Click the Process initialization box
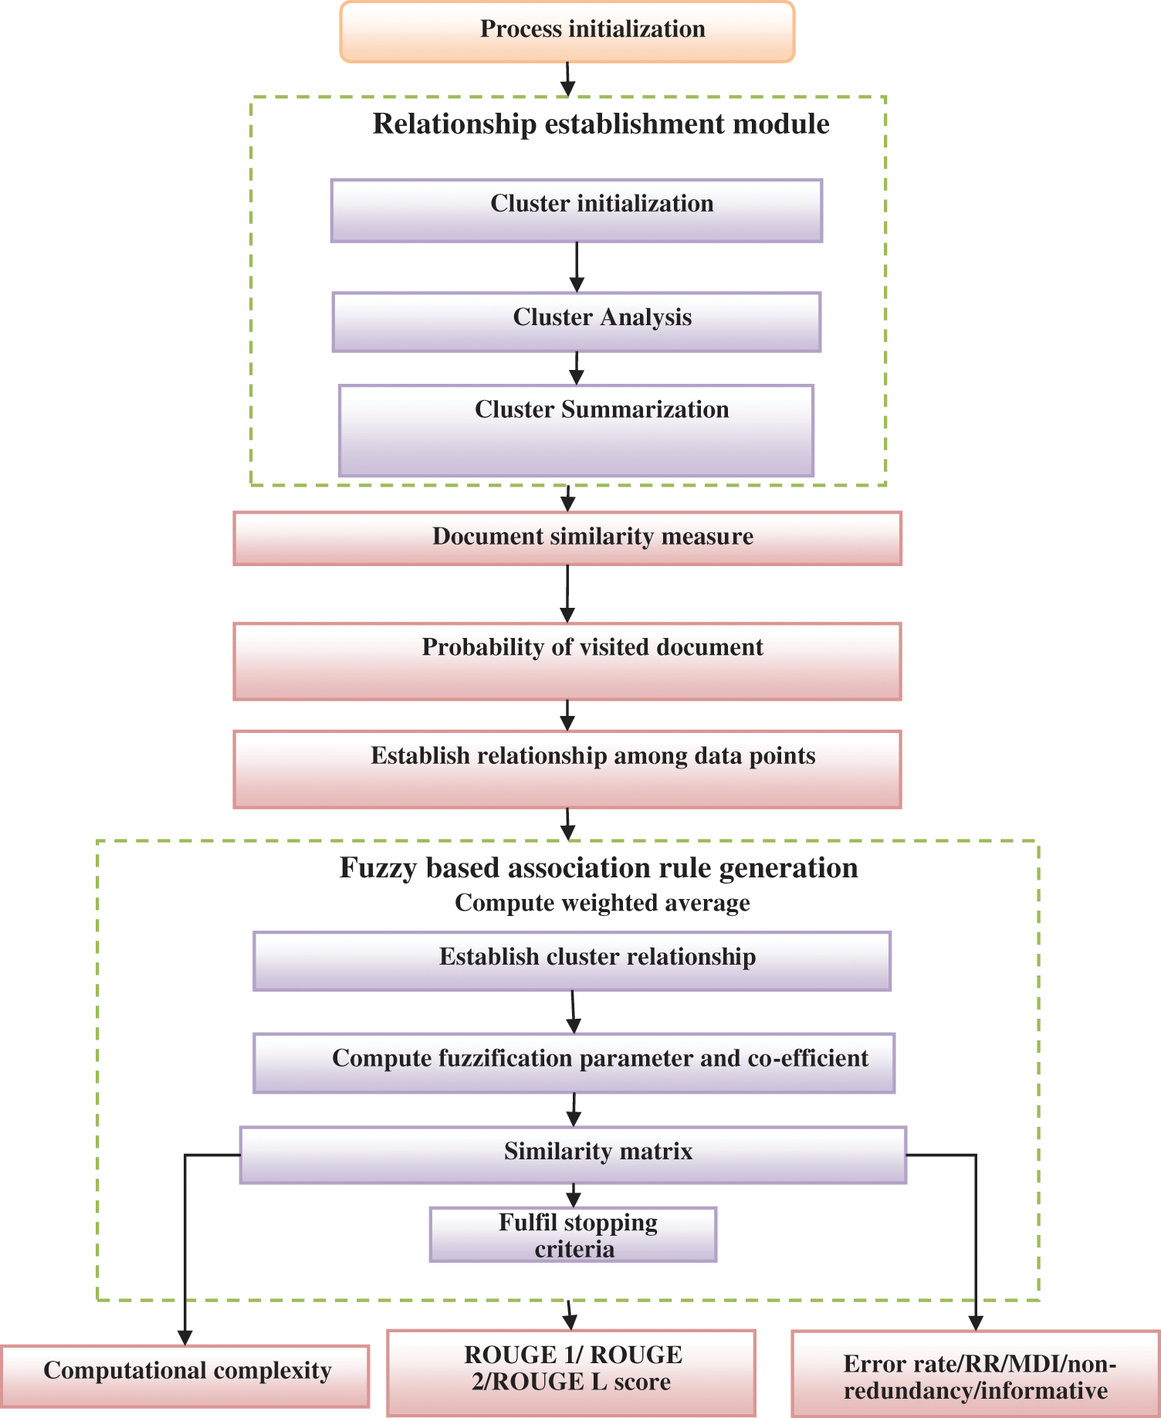tap(567, 32)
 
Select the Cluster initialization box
tap(577, 211)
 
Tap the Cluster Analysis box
tap(577, 322)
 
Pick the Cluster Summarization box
tap(576, 430)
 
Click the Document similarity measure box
tap(567, 538)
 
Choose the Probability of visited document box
tap(567, 661)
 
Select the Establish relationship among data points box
tap(567, 769)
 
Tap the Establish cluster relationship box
tap(572, 961)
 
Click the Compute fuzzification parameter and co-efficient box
tap(574, 1063)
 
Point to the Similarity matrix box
tap(573, 1155)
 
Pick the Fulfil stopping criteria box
tap(573, 1235)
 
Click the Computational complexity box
tap(185, 1376)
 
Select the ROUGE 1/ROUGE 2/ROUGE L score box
tap(571, 1372)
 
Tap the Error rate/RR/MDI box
tap(976, 1373)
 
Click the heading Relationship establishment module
tap(601, 124)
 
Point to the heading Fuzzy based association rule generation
tap(598, 868)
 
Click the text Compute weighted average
tap(602, 903)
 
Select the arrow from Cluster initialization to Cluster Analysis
tap(577, 267)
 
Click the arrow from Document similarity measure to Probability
tap(567, 593)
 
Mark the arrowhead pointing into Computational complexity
tap(185, 1337)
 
